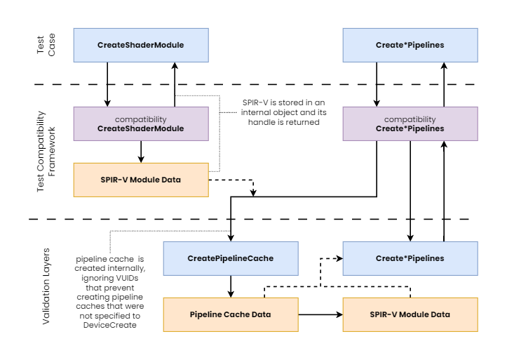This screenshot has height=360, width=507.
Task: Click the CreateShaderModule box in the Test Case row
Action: (x=141, y=46)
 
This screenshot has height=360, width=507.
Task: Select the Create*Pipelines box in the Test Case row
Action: (x=410, y=46)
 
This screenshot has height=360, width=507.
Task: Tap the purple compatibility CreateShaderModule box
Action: (x=141, y=124)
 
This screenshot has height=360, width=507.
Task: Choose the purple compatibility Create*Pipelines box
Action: (x=410, y=124)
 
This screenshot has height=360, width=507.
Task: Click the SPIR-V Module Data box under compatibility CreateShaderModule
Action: (x=141, y=180)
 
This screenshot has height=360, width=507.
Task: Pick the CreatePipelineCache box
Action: (x=231, y=258)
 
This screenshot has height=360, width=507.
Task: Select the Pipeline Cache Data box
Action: (x=231, y=314)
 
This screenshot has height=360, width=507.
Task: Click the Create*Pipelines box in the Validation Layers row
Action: (x=410, y=258)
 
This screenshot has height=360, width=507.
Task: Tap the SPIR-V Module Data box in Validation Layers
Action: (x=410, y=314)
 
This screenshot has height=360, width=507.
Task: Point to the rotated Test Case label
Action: (x=46, y=45)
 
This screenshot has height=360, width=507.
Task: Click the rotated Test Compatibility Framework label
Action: (x=46, y=152)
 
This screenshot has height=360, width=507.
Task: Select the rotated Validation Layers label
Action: (x=46, y=286)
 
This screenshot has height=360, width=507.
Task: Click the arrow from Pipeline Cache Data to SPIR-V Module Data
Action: (x=320, y=314)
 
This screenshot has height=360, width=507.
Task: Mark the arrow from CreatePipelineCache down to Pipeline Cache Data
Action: (x=231, y=286)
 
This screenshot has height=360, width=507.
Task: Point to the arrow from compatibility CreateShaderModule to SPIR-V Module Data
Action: (x=141, y=152)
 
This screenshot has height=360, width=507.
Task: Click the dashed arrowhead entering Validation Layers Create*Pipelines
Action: (x=339, y=258)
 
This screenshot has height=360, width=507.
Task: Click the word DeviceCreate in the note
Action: (x=110, y=325)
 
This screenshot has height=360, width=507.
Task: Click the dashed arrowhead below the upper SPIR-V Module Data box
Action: (x=254, y=193)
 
